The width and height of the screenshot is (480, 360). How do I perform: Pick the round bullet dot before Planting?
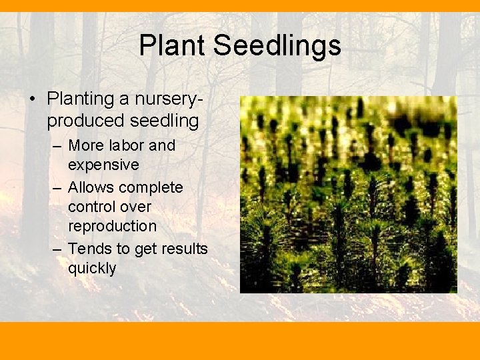tap(33, 99)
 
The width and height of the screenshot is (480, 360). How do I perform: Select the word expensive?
tap(103, 164)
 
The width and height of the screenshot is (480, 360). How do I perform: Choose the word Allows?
tap(91, 187)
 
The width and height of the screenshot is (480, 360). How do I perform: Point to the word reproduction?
tap(112, 227)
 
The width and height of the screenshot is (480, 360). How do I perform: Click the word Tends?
tap(89, 249)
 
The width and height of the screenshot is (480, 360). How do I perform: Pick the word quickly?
tap(92, 269)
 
